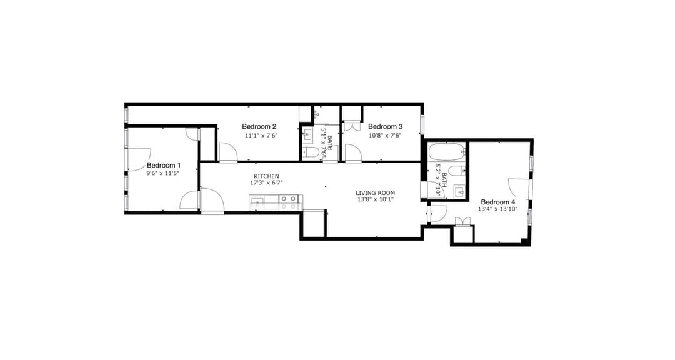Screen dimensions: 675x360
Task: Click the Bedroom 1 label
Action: [164, 166]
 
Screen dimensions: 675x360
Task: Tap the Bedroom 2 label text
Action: [259, 127]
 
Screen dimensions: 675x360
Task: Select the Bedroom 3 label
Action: [385, 127]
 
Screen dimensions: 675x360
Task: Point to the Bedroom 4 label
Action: [498, 202]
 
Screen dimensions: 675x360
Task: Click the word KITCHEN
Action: [266, 176]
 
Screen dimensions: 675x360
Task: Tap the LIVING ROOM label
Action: [376, 193]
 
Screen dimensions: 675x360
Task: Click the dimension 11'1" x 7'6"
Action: [261, 136]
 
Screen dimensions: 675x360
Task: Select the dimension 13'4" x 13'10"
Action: [497, 209]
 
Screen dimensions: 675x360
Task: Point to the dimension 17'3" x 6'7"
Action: [266, 182]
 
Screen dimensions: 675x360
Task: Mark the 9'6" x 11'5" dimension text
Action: [162, 173]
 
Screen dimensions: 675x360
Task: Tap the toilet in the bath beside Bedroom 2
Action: [311, 152]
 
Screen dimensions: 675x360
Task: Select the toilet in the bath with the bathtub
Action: [457, 170]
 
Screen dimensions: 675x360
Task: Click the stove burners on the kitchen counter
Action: [288, 202]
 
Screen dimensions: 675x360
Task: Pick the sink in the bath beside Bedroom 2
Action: [307, 135]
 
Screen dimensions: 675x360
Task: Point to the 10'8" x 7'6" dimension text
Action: [385, 136]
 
